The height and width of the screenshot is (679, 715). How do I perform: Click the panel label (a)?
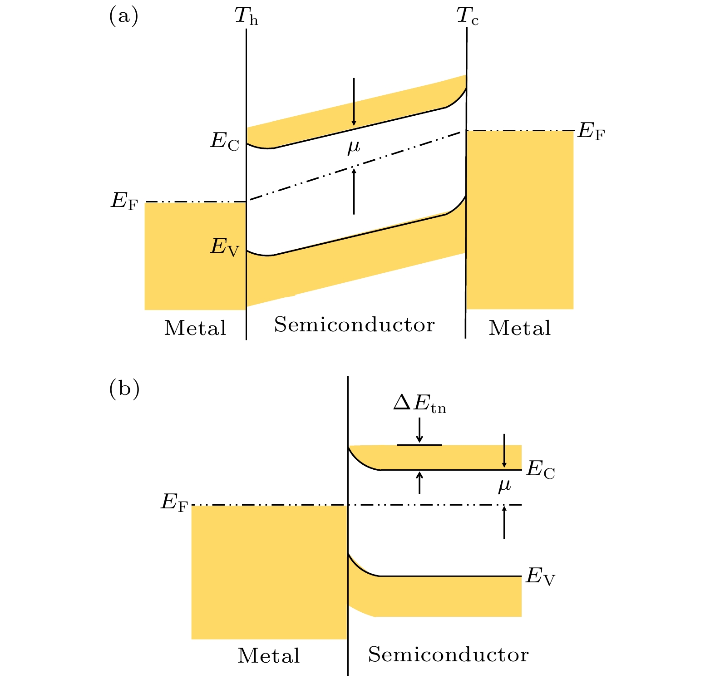click(123, 17)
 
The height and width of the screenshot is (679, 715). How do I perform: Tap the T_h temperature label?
click(246, 17)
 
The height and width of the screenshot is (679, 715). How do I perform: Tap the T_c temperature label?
click(467, 17)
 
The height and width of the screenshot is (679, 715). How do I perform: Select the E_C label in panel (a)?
click(224, 142)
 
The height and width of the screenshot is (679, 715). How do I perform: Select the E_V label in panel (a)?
click(224, 248)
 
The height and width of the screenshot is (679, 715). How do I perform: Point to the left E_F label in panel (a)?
click(124, 202)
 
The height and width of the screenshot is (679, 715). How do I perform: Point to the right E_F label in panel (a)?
click(591, 132)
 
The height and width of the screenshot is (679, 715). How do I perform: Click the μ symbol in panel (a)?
click(354, 147)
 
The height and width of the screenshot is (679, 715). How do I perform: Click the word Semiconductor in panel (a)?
click(354, 325)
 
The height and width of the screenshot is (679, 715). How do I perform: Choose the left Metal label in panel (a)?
click(195, 328)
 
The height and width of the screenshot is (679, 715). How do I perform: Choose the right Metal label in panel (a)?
click(520, 328)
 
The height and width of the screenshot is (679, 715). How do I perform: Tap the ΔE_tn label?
click(419, 404)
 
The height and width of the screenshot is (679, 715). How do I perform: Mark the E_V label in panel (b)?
click(540, 577)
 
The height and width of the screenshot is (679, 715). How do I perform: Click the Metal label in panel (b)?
click(269, 656)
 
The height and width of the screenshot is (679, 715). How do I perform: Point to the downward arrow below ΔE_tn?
click(419, 430)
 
